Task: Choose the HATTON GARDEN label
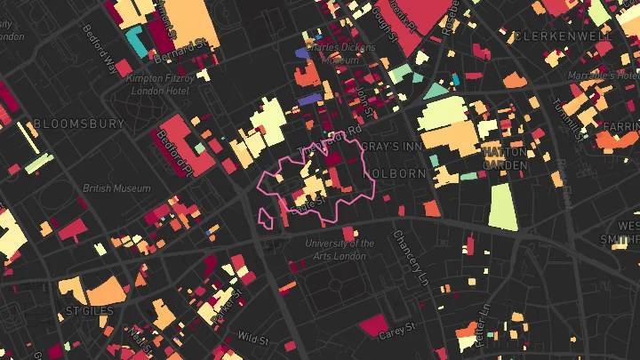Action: click(x=505, y=158)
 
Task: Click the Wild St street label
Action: click(x=252, y=338)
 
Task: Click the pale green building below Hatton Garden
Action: click(x=502, y=207)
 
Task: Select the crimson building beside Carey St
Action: click(x=372, y=325)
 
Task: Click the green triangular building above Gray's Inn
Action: click(x=435, y=91)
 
